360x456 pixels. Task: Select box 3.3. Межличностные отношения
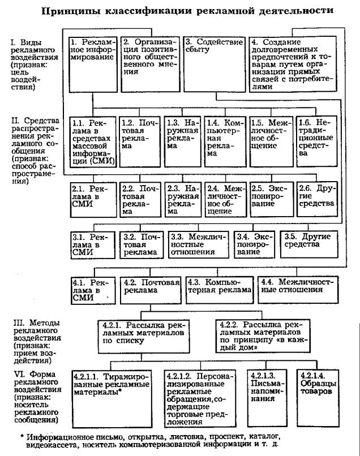point(199,243)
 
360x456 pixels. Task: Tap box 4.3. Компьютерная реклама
point(220,288)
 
